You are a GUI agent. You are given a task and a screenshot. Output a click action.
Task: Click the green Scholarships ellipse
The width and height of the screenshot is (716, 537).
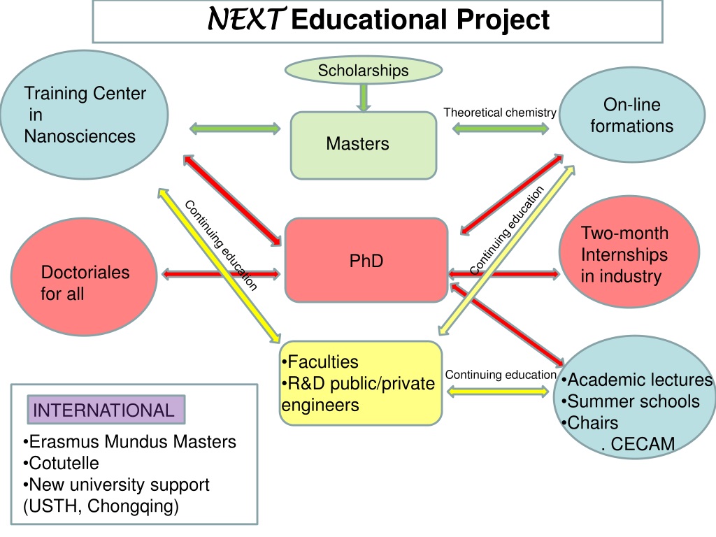[364, 71]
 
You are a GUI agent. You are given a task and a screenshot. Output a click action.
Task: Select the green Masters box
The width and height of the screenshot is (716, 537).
[364, 145]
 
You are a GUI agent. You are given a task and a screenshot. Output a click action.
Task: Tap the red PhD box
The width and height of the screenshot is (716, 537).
[366, 260]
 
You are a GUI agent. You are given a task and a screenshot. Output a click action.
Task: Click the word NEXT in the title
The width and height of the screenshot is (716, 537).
[247, 20]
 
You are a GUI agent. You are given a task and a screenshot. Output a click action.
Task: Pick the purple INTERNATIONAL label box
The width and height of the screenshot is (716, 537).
[106, 410]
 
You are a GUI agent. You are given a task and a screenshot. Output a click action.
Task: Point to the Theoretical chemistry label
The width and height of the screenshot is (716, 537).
[499, 113]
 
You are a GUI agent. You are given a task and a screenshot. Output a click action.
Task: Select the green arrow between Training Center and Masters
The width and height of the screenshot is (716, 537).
[235, 129]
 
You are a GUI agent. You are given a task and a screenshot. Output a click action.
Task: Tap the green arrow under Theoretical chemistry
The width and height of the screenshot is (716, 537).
[501, 129]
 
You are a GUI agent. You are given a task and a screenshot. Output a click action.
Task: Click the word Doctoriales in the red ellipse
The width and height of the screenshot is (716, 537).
[85, 272]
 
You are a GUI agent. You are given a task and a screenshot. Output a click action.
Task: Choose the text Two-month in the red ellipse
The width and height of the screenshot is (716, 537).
[624, 233]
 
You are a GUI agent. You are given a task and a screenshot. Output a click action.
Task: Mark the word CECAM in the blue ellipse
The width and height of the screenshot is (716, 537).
[643, 444]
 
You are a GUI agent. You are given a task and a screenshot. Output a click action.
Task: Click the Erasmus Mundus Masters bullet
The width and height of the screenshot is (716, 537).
[129, 442]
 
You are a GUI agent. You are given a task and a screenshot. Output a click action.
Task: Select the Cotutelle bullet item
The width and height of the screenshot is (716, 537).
[61, 463]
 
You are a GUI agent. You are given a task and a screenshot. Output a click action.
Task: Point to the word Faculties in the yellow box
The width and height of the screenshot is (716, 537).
[320, 361]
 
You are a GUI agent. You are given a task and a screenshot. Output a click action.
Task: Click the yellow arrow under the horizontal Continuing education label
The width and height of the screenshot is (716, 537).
[498, 392]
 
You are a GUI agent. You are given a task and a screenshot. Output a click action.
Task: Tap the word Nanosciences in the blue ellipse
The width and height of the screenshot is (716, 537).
[80, 136]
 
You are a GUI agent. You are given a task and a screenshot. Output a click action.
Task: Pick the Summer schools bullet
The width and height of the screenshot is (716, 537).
[631, 401]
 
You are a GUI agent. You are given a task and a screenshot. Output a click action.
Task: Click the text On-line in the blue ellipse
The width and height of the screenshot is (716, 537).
[632, 105]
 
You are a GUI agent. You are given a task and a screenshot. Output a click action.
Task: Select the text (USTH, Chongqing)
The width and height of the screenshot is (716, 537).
[101, 506]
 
